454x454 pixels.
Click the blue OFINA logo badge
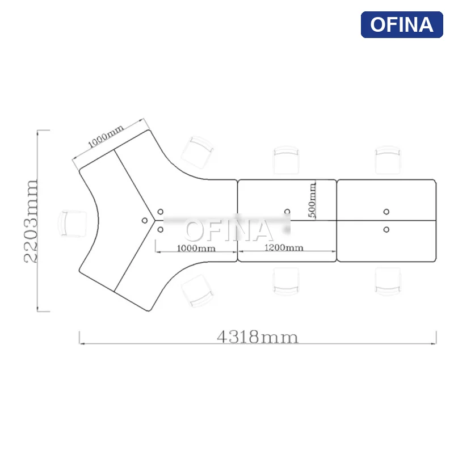[x=402, y=24]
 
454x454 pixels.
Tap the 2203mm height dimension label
[x=31, y=221]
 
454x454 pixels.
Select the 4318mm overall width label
[x=258, y=337]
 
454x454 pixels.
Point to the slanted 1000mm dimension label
[x=106, y=136]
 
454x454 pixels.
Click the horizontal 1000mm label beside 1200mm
[x=196, y=249]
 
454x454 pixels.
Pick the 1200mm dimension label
[x=284, y=247]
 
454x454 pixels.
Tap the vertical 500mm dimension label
[x=312, y=200]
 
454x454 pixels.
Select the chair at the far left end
[x=73, y=224]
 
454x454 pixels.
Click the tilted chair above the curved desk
[x=197, y=153]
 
